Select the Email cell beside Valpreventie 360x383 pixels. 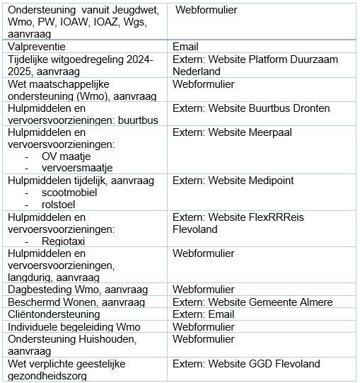[x=187, y=46]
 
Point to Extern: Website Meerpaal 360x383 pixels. [x=232, y=132]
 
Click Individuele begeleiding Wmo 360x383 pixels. [x=74, y=326]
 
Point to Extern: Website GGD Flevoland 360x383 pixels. [x=246, y=364]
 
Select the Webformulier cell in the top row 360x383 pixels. [x=206, y=11]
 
